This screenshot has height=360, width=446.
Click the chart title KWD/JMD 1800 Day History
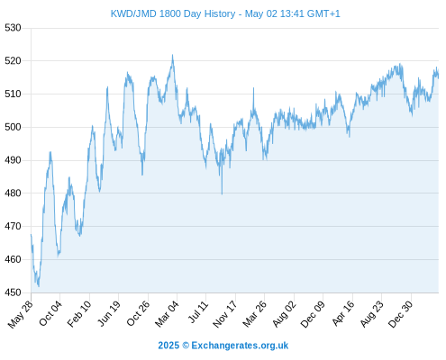click(x=173, y=13)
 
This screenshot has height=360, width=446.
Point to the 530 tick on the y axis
click(x=13, y=28)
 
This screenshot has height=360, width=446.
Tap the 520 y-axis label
click(x=13, y=61)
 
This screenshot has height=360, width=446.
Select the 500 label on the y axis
click(x=13, y=127)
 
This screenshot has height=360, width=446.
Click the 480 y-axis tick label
click(x=13, y=193)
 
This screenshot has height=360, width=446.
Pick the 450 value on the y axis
click(x=13, y=292)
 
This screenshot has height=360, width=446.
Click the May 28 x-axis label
click(x=21, y=314)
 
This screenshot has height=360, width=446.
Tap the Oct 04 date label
click(x=50, y=313)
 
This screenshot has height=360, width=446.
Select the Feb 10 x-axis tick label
click(x=79, y=314)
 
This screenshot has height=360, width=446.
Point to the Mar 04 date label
click(x=167, y=314)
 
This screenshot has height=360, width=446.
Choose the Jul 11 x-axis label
click(x=198, y=312)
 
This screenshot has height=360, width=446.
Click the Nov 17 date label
click(x=225, y=314)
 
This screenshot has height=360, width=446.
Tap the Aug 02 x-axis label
click(x=285, y=314)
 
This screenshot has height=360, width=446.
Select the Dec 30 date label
click(x=400, y=314)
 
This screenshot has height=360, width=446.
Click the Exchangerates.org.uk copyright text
click(x=223, y=346)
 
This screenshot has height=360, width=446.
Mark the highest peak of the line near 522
click(x=172, y=55)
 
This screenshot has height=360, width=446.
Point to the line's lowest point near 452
click(x=39, y=286)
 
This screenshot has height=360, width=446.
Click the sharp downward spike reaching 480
click(x=222, y=194)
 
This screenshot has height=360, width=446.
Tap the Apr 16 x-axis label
click(x=343, y=313)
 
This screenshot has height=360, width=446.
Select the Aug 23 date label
click(x=372, y=314)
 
